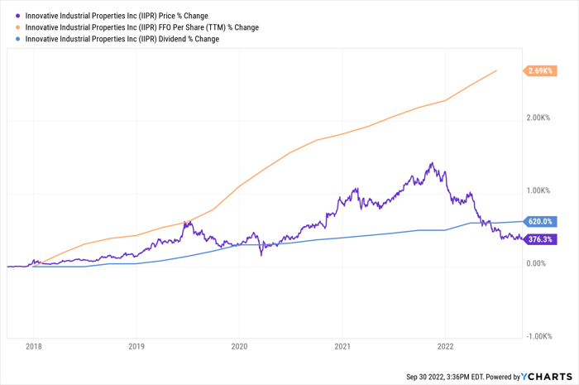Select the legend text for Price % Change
117,16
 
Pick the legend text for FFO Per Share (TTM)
141,27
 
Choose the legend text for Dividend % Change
122,39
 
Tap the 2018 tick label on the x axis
34,347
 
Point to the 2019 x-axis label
137,347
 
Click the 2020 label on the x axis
240,347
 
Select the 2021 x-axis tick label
343,347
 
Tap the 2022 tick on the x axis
446,347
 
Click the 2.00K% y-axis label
543,118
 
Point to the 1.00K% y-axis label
543,190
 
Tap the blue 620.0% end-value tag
541,222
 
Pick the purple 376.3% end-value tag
541,239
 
